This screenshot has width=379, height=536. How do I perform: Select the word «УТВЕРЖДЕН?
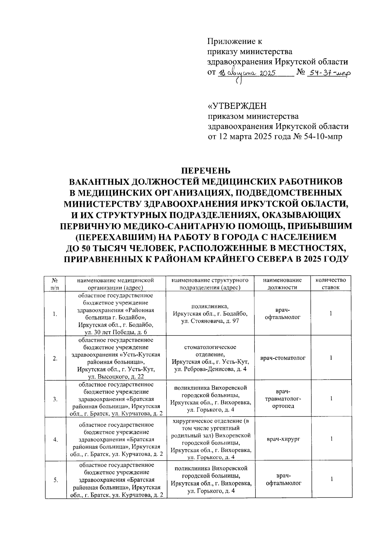[x=237, y=105]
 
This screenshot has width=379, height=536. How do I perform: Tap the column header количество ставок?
[x=331, y=284]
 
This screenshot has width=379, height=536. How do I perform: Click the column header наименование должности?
[x=282, y=284]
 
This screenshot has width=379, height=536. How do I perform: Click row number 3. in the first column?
[x=55, y=399]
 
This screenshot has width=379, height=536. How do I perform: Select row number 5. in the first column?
[x=55, y=480]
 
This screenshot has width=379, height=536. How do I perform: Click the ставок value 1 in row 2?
[x=331, y=358]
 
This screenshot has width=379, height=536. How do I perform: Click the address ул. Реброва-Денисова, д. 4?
[x=210, y=369]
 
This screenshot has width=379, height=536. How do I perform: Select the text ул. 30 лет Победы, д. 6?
[x=116, y=332]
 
